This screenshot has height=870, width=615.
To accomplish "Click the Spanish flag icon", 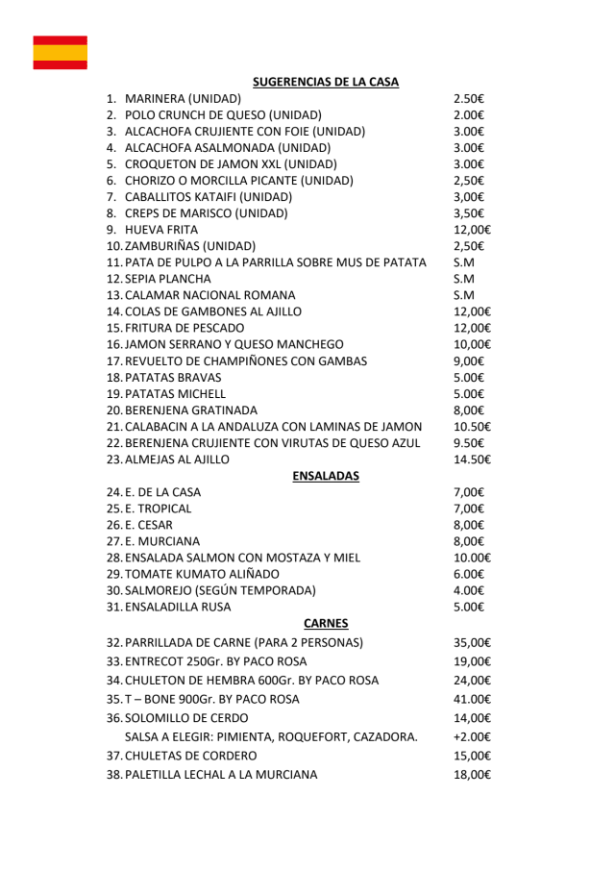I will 60,52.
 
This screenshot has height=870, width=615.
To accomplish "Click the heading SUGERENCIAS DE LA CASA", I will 325,82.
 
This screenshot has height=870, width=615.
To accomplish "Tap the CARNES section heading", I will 325,623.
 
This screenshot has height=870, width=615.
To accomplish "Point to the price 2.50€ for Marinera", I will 468,99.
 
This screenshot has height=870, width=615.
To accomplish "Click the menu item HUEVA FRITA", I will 161,230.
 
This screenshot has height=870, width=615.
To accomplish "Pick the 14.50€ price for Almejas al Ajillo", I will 472,460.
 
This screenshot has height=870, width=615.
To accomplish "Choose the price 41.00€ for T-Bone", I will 472,699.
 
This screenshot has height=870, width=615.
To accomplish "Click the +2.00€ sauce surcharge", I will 472,737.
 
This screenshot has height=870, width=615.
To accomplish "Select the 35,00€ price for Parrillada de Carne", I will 472,642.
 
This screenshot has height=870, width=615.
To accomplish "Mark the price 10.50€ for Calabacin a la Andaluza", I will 472,427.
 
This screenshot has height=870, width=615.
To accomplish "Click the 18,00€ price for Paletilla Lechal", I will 472,775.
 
